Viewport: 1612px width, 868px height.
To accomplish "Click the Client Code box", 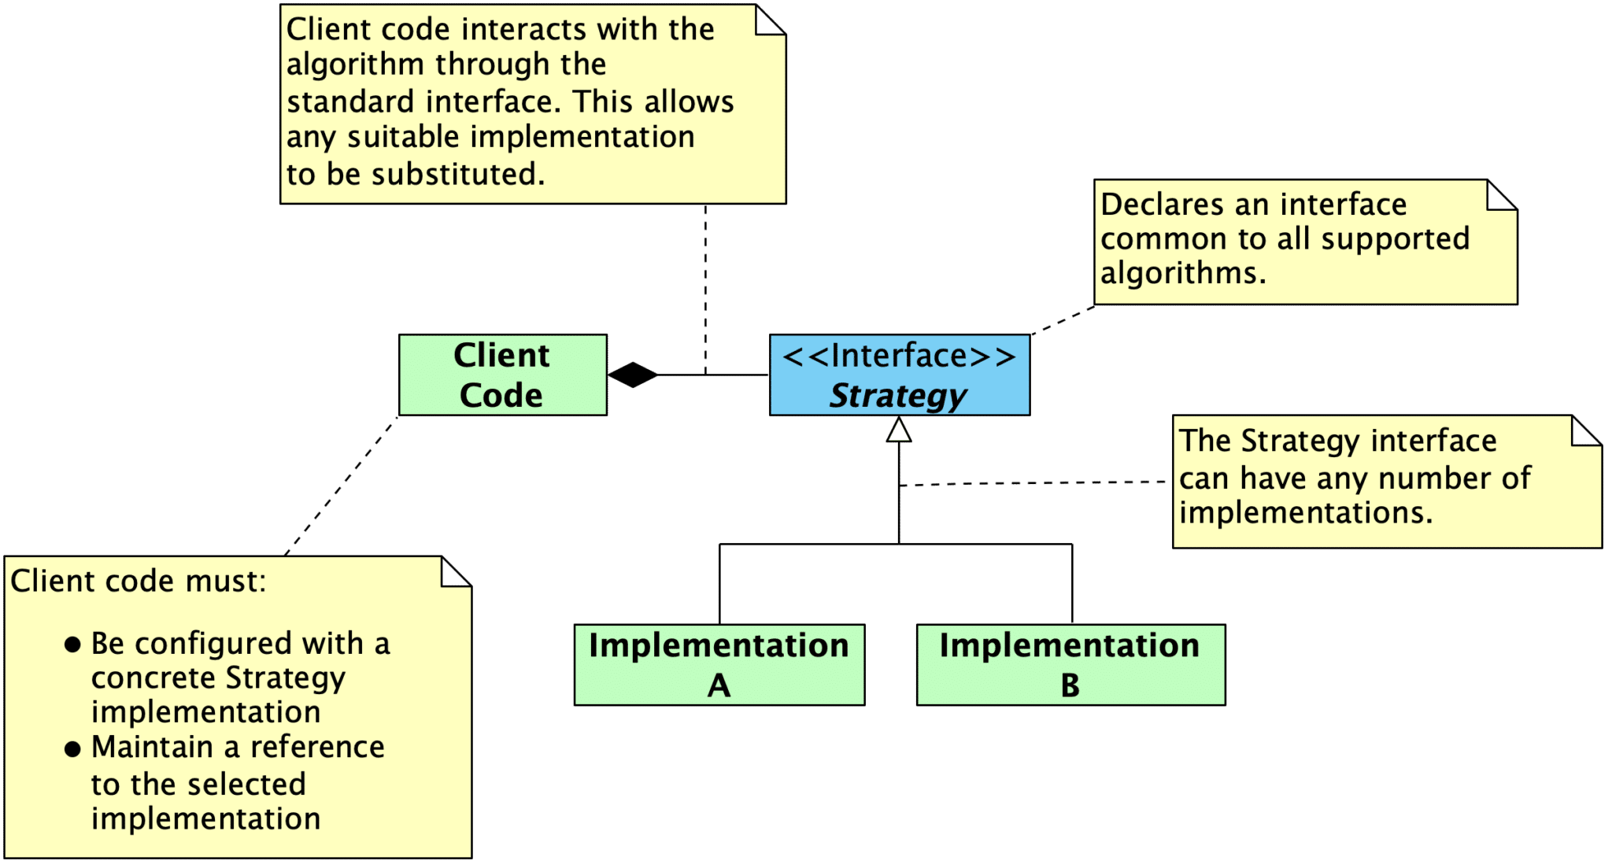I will point(502,375).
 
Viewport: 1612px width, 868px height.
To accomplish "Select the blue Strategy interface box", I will point(899,375).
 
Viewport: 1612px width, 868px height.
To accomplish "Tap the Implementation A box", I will point(719,665).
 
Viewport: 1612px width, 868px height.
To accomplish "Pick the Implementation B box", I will point(1070,665).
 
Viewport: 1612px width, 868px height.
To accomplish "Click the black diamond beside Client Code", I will point(633,375).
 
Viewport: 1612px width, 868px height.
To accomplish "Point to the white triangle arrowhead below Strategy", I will point(899,430).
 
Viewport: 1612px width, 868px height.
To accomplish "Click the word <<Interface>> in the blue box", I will point(899,356).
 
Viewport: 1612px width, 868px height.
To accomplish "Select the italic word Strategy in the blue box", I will point(898,395).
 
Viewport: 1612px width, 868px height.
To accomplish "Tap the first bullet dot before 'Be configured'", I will point(72,645).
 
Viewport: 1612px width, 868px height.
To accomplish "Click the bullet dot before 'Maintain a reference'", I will point(72,748).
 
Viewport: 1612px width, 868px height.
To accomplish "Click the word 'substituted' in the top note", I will point(456,174).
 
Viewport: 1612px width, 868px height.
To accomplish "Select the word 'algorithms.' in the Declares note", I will point(1182,273).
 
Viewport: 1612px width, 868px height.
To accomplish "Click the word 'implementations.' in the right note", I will point(1305,513).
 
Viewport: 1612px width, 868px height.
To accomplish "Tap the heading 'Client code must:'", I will point(139,582).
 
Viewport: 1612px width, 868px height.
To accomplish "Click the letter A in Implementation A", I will point(719,685).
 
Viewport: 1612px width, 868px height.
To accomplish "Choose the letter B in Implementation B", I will point(1070,685).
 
